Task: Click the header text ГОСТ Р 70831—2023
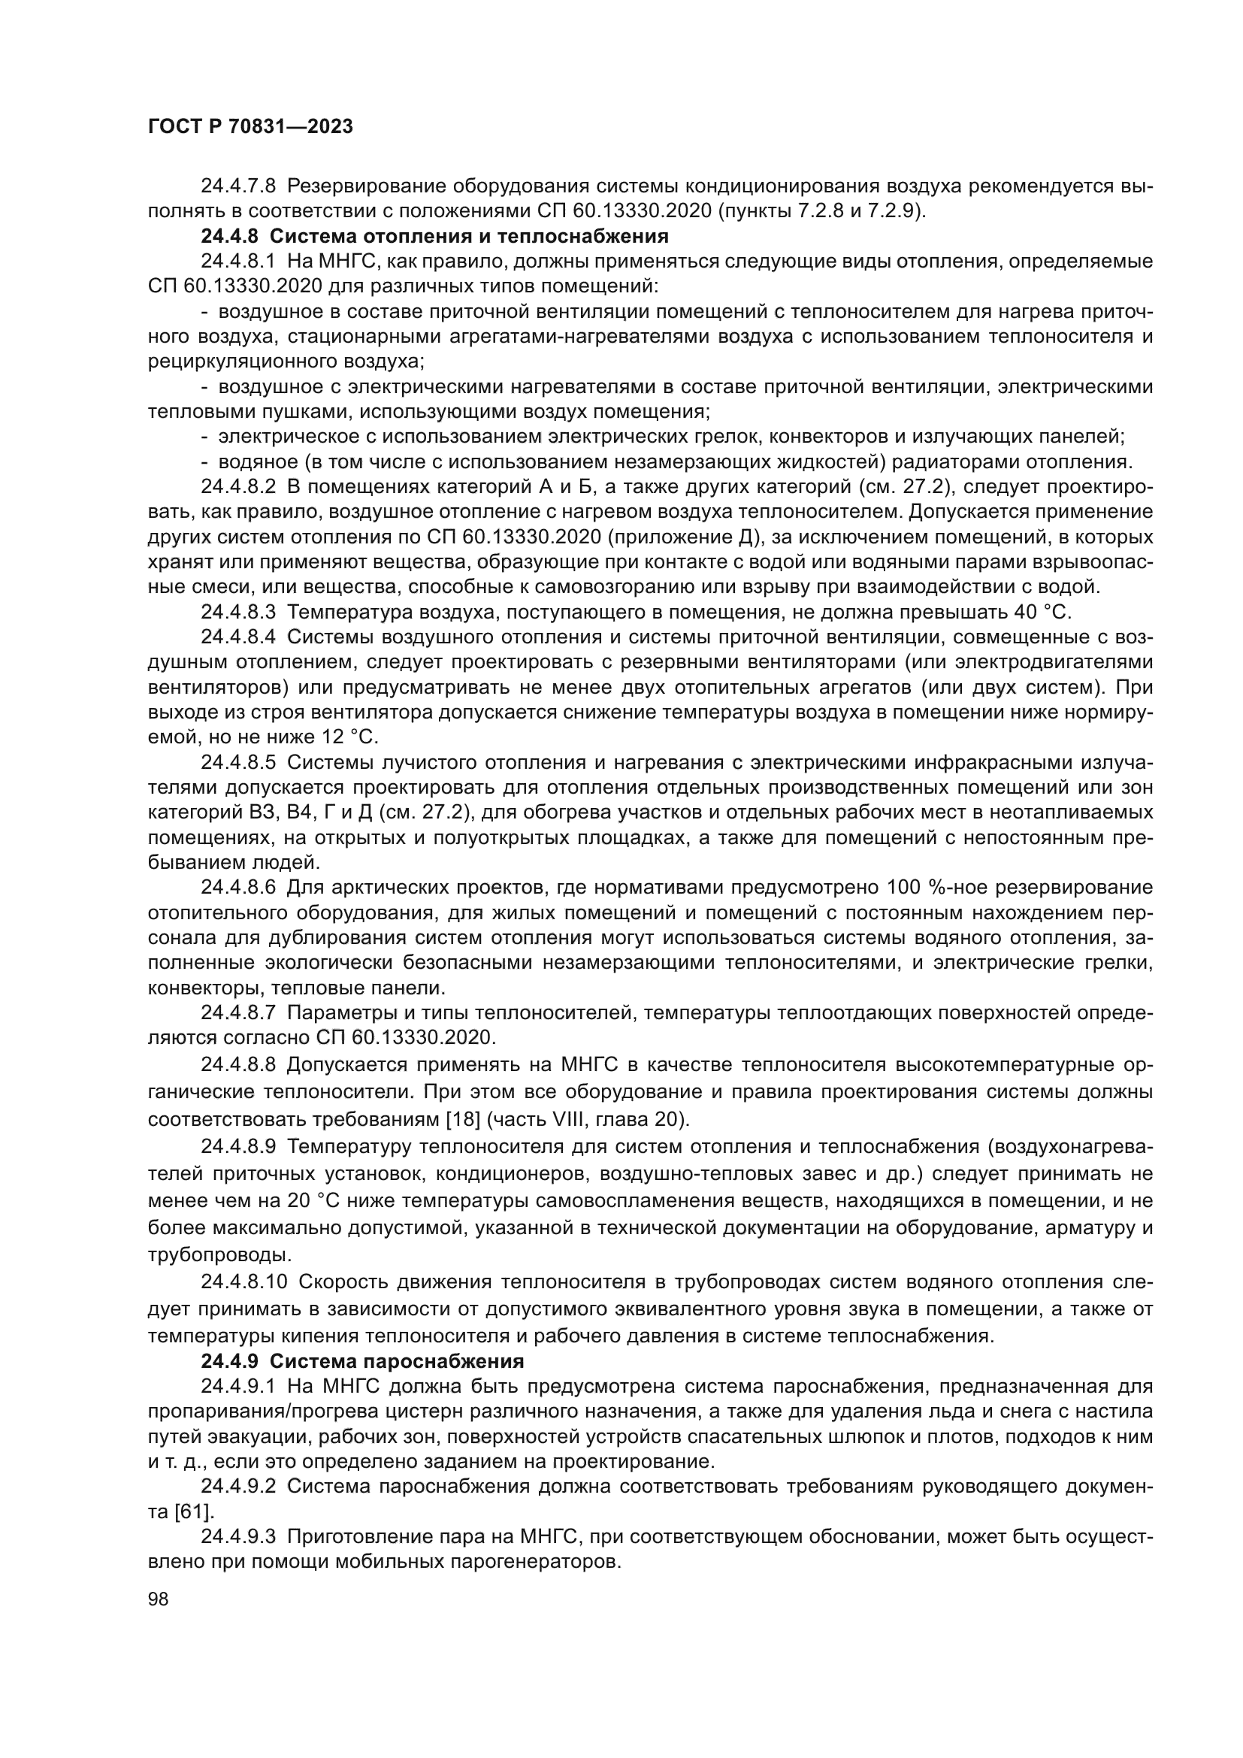click(x=250, y=127)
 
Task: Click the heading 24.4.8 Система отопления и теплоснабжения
click(x=434, y=236)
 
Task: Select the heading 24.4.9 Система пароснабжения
click(x=362, y=1361)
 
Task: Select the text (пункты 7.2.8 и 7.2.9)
click(x=821, y=210)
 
